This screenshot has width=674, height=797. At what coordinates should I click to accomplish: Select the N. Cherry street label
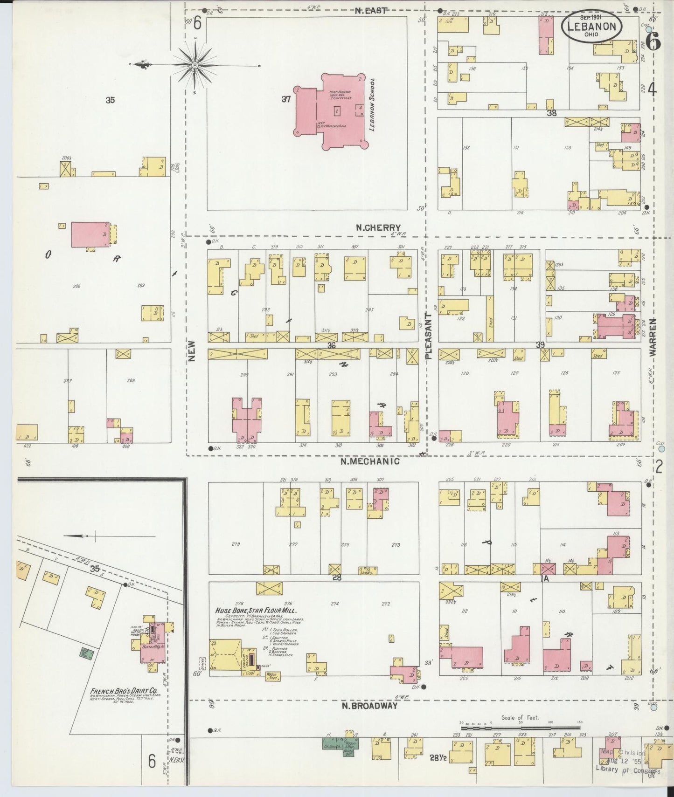pos(378,228)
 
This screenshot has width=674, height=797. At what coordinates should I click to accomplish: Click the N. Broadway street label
pos(369,706)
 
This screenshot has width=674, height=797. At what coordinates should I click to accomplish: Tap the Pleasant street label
pos(429,336)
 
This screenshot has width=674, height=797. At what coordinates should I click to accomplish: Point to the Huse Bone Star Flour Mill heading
pos(256,611)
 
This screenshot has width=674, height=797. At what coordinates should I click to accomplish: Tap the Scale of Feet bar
pos(521,728)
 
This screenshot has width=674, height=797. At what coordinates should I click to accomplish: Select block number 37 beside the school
pos(286,99)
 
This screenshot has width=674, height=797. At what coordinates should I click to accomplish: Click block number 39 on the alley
pos(540,345)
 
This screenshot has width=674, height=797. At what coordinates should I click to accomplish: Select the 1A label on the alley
pos(545,578)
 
